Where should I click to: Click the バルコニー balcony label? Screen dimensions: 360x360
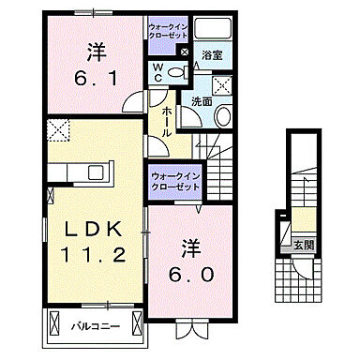tap(92, 327)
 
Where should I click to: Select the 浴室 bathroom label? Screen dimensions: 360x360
tap(211, 55)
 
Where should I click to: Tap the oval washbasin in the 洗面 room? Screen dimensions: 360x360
tap(223, 116)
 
